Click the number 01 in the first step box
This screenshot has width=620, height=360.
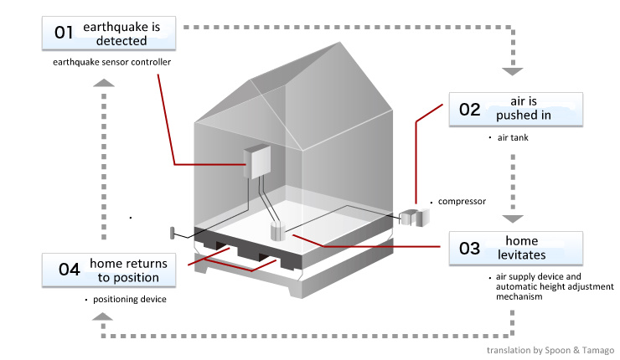click(x=64, y=33)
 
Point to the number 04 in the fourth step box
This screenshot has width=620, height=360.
click(x=69, y=270)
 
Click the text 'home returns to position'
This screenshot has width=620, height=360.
click(x=128, y=270)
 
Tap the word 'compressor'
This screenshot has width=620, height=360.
click(x=462, y=202)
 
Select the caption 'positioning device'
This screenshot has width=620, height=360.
click(x=130, y=299)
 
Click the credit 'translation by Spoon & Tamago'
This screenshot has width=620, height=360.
click(x=550, y=350)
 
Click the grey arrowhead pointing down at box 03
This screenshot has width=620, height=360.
click(x=512, y=219)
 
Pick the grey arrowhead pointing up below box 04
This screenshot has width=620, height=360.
click(x=101, y=316)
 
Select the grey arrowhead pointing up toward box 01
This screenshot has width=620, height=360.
click(x=101, y=83)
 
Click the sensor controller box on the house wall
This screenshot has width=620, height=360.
click(x=259, y=161)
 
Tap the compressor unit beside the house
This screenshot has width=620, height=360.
click(x=414, y=217)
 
